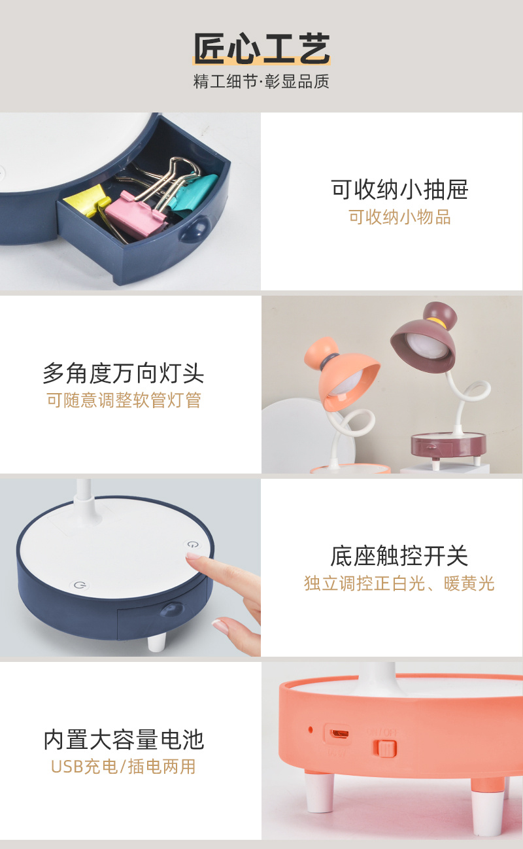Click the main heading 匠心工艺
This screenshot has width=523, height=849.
tap(261, 48)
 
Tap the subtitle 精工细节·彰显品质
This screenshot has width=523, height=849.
tap(261, 82)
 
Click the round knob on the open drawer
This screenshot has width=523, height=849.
tap(195, 228)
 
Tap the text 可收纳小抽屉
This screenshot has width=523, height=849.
tap(399, 190)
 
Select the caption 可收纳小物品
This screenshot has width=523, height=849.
tap(399, 217)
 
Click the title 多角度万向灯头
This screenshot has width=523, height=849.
tap(124, 373)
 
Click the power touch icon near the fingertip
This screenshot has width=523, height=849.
tap(193, 544)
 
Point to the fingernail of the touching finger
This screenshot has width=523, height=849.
tap(193, 555)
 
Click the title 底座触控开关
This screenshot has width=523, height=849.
tap(399, 556)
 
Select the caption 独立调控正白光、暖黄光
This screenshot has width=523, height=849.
tap(399, 583)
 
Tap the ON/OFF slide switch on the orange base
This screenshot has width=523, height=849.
tap(386, 748)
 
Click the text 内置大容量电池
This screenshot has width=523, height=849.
tap(124, 740)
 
